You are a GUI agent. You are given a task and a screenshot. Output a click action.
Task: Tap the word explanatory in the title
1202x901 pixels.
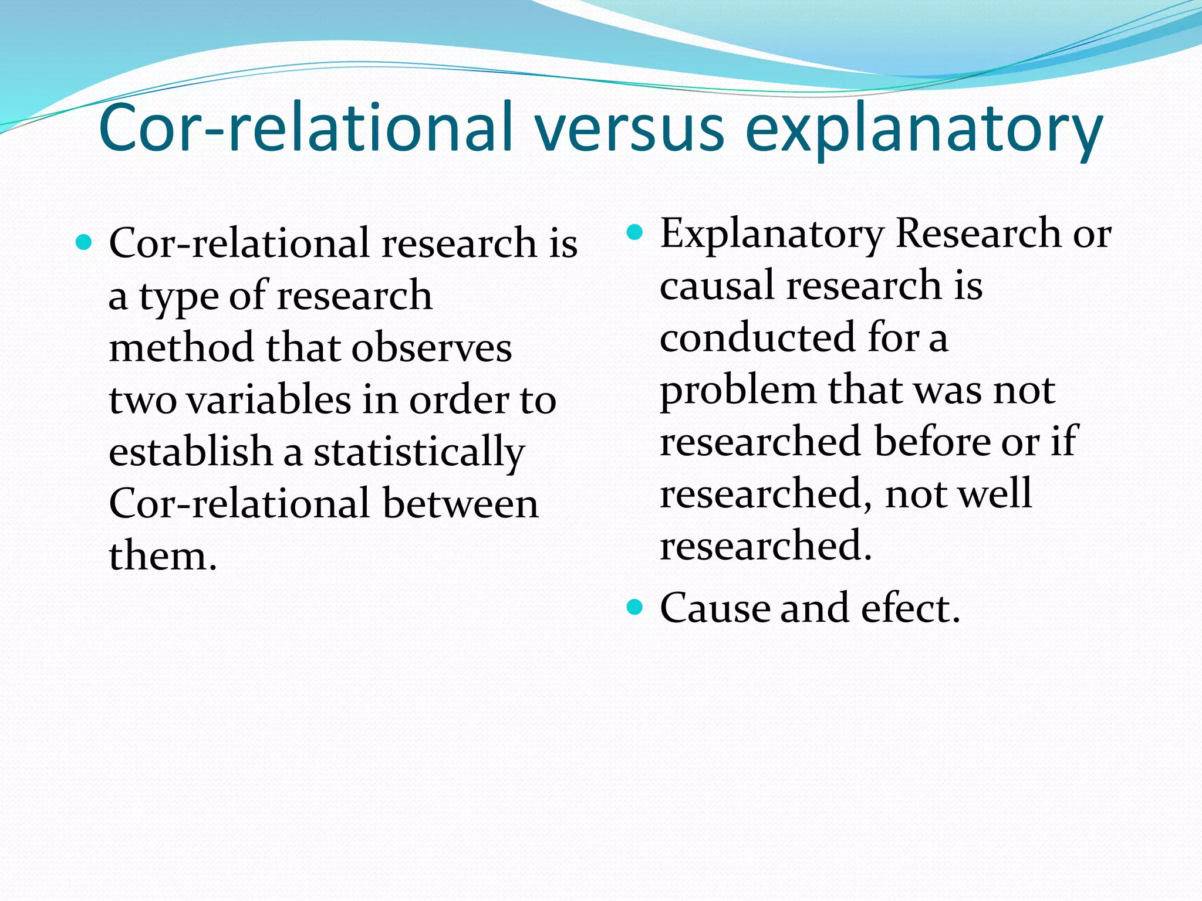[924, 130]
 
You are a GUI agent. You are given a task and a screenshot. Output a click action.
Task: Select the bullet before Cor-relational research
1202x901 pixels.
[85, 242]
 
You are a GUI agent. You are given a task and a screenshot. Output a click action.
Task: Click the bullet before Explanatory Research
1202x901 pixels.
[635, 232]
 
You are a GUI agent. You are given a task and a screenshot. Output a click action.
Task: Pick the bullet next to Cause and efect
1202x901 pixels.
[635, 606]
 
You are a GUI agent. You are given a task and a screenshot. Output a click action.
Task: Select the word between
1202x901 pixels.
[460, 503]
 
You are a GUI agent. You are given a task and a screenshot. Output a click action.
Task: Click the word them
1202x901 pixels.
[163, 555]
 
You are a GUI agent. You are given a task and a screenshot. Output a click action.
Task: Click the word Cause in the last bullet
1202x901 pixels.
[714, 608]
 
